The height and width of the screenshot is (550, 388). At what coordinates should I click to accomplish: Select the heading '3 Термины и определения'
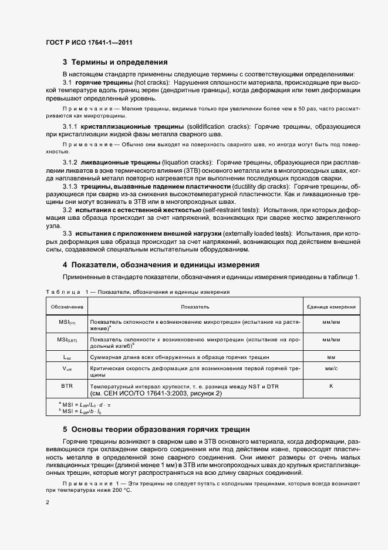click(x=116, y=62)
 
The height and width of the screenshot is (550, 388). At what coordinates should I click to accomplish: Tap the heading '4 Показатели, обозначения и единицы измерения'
click(x=161, y=265)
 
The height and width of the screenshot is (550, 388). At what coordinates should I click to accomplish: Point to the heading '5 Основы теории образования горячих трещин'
click(x=156, y=430)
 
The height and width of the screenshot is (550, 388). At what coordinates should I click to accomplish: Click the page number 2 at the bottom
click(x=47, y=502)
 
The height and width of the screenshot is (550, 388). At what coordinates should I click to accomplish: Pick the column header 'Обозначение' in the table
click(x=67, y=307)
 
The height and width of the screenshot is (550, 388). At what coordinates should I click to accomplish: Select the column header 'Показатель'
click(x=194, y=307)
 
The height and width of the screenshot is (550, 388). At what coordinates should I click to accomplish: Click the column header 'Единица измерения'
click(x=331, y=307)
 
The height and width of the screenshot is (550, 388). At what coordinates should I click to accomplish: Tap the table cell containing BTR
click(x=67, y=385)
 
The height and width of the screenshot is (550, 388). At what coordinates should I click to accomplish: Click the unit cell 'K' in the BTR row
click(x=331, y=385)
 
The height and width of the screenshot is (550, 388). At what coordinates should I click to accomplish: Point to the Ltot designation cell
click(x=67, y=357)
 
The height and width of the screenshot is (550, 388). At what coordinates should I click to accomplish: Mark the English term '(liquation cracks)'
click(x=187, y=162)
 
